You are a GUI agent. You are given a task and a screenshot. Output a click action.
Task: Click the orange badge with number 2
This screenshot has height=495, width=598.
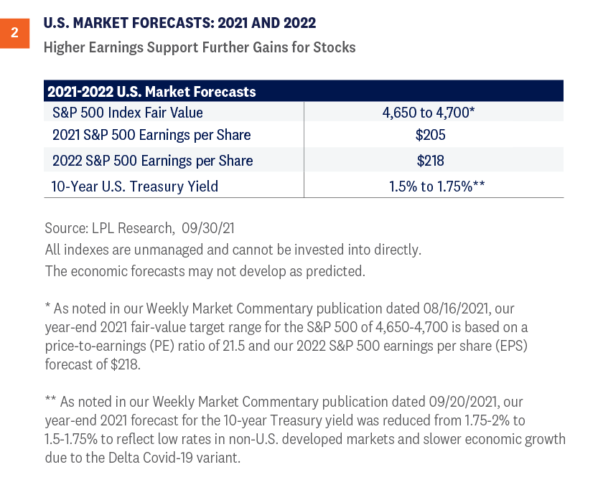15,34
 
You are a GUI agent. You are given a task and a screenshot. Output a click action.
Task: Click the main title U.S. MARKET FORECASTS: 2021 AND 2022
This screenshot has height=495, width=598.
179,23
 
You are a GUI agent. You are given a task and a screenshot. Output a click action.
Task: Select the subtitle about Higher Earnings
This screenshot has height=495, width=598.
199,47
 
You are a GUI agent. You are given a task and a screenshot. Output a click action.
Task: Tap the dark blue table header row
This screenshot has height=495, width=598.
303,91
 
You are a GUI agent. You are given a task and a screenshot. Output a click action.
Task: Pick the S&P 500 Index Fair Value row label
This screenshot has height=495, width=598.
127,113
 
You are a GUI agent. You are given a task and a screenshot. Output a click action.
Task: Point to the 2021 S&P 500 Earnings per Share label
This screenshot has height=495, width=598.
151,136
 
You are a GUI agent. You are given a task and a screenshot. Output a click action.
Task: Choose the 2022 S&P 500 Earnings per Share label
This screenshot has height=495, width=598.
152,161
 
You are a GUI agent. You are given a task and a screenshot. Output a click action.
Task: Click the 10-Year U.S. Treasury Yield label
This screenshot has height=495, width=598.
134,186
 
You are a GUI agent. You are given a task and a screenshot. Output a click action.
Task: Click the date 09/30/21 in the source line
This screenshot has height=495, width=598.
207,229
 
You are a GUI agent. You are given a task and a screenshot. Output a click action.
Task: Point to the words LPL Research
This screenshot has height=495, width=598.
126,229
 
